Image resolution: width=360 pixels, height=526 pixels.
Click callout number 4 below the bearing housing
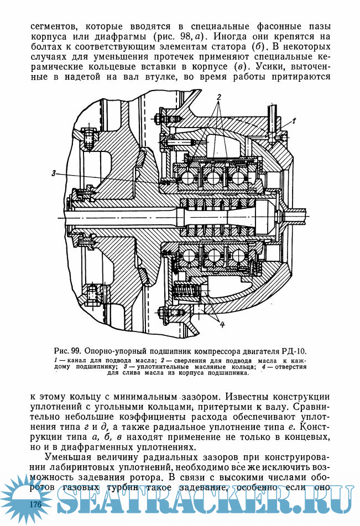222,325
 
